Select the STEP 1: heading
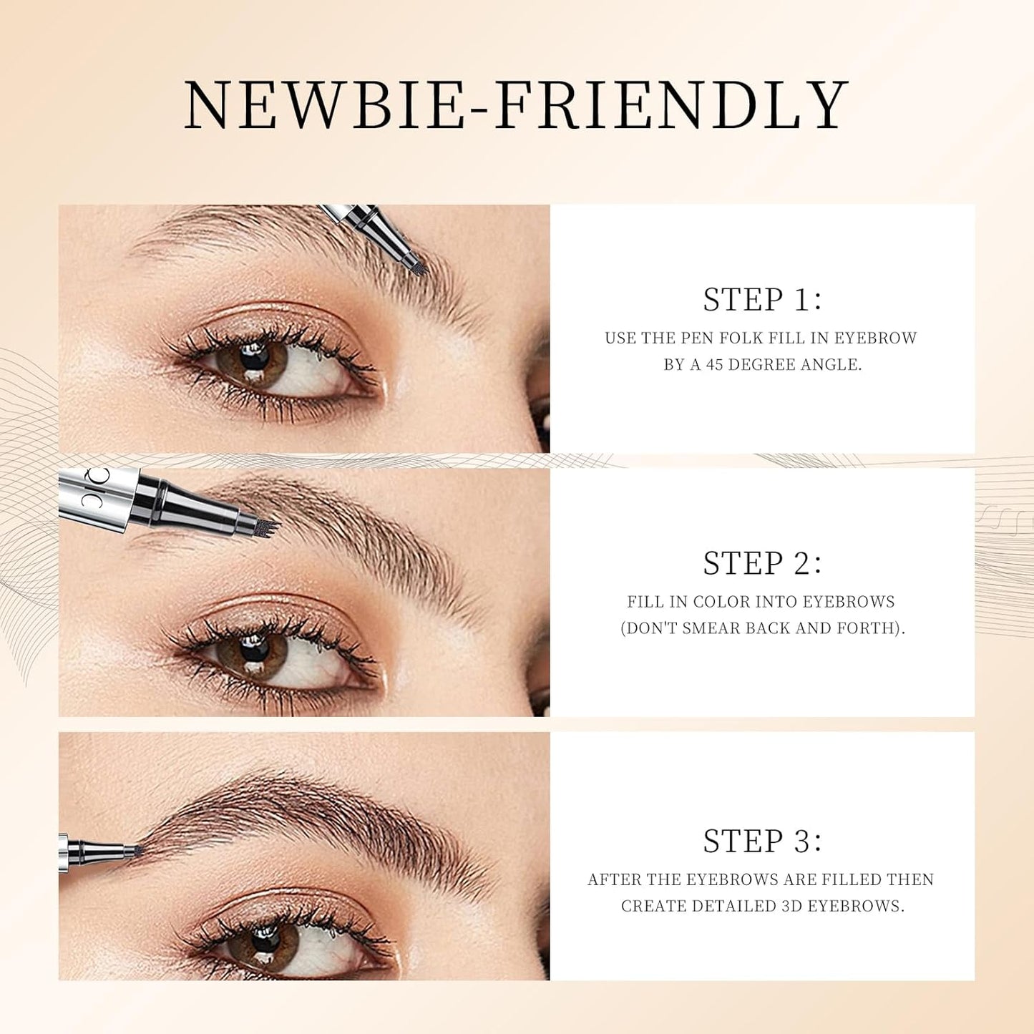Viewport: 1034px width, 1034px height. (762, 299)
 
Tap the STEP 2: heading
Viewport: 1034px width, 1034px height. (762, 563)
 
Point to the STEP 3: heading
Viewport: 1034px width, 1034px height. (762, 841)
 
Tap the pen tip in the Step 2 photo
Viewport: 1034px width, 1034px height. (268, 528)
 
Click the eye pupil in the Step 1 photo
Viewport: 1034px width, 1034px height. (253, 356)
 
